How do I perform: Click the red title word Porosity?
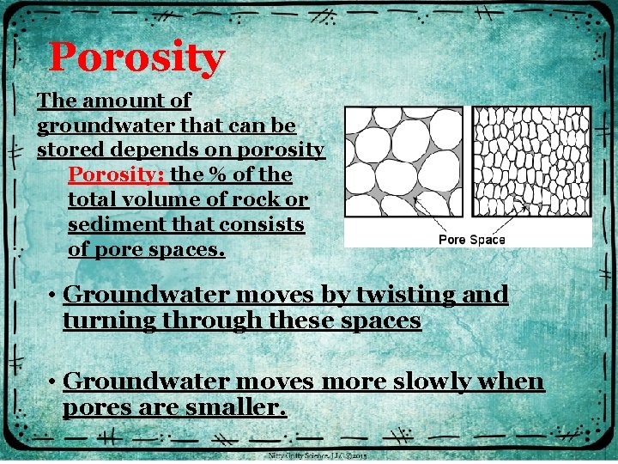[x=136, y=58]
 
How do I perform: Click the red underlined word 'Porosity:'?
[x=117, y=175]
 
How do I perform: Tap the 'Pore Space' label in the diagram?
[x=471, y=239]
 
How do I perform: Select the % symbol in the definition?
[x=216, y=175]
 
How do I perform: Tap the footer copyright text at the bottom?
[x=318, y=455]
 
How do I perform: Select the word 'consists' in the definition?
[x=262, y=225]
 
